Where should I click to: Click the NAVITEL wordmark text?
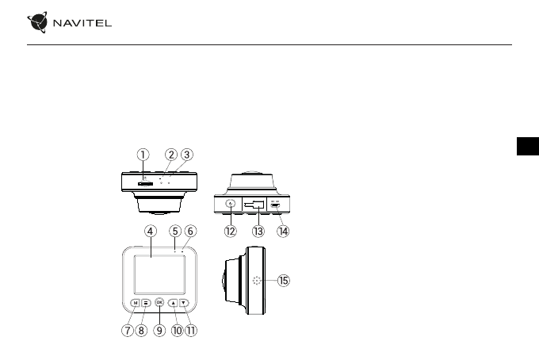(x=82, y=22)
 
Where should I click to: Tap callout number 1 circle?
(x=143, y=155)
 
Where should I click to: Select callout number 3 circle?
(x=186, y=155)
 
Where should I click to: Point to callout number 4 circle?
(x=150, y=231)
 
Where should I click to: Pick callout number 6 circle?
(x=190, y=231)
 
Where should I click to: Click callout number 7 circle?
(x=127, y=330)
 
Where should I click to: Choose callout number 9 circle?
(x=159, y=330)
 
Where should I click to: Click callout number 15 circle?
(x=284, y=280)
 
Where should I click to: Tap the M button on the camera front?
(x=136, y=302)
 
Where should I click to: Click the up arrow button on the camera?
(x=173, y=302)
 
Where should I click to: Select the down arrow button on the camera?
(x=184, y=302)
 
